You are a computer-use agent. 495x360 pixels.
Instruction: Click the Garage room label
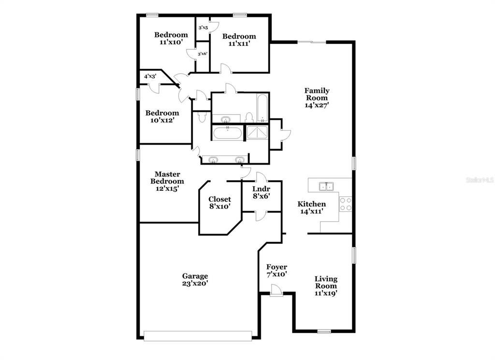coord(195,280)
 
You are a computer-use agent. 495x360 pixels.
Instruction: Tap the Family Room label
coord(317,98)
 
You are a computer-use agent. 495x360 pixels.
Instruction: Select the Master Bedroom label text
coord(167,181)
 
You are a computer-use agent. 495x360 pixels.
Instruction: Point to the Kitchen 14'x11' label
coord(312,208)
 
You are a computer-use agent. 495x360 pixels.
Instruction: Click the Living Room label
coord(326,286)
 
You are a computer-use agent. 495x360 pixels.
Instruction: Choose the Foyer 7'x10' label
coord(277,270)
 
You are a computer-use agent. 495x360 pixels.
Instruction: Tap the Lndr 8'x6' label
coord(261,193)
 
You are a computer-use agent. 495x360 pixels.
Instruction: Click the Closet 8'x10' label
coord(220,203)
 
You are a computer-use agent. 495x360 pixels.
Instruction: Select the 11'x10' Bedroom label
coord(171,38)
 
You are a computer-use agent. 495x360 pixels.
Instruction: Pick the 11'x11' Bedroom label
coord(239,40)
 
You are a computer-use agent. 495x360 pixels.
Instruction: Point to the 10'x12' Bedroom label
coord(162,117)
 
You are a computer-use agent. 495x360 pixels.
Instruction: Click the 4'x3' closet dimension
coord(150,76)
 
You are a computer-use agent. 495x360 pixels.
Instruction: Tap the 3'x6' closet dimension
coord(203,54)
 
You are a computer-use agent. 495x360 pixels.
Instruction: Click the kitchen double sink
coord(326,186)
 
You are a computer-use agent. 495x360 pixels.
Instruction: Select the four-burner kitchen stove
coord(345,204)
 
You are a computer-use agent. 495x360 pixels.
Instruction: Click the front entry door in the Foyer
coord(277,290)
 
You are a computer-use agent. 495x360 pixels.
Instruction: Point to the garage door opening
coord(198,336)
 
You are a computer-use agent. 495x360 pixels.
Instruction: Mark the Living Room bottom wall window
coord(324,331)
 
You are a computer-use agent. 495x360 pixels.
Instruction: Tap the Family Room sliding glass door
coord(312,42)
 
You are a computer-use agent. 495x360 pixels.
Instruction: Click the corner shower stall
coord(257,133)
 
